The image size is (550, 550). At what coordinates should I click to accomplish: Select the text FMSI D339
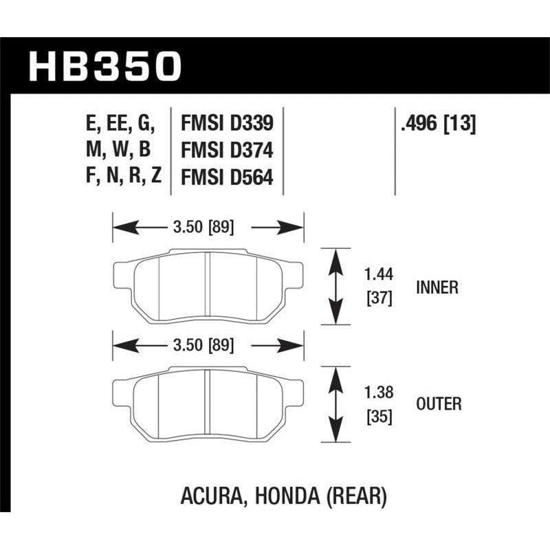tap(227, 124)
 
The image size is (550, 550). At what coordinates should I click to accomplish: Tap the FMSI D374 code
tap(227, 151)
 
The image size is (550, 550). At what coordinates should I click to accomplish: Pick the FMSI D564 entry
tap(227, 177)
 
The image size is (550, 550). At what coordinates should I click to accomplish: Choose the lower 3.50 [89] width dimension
tap(208, 344)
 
